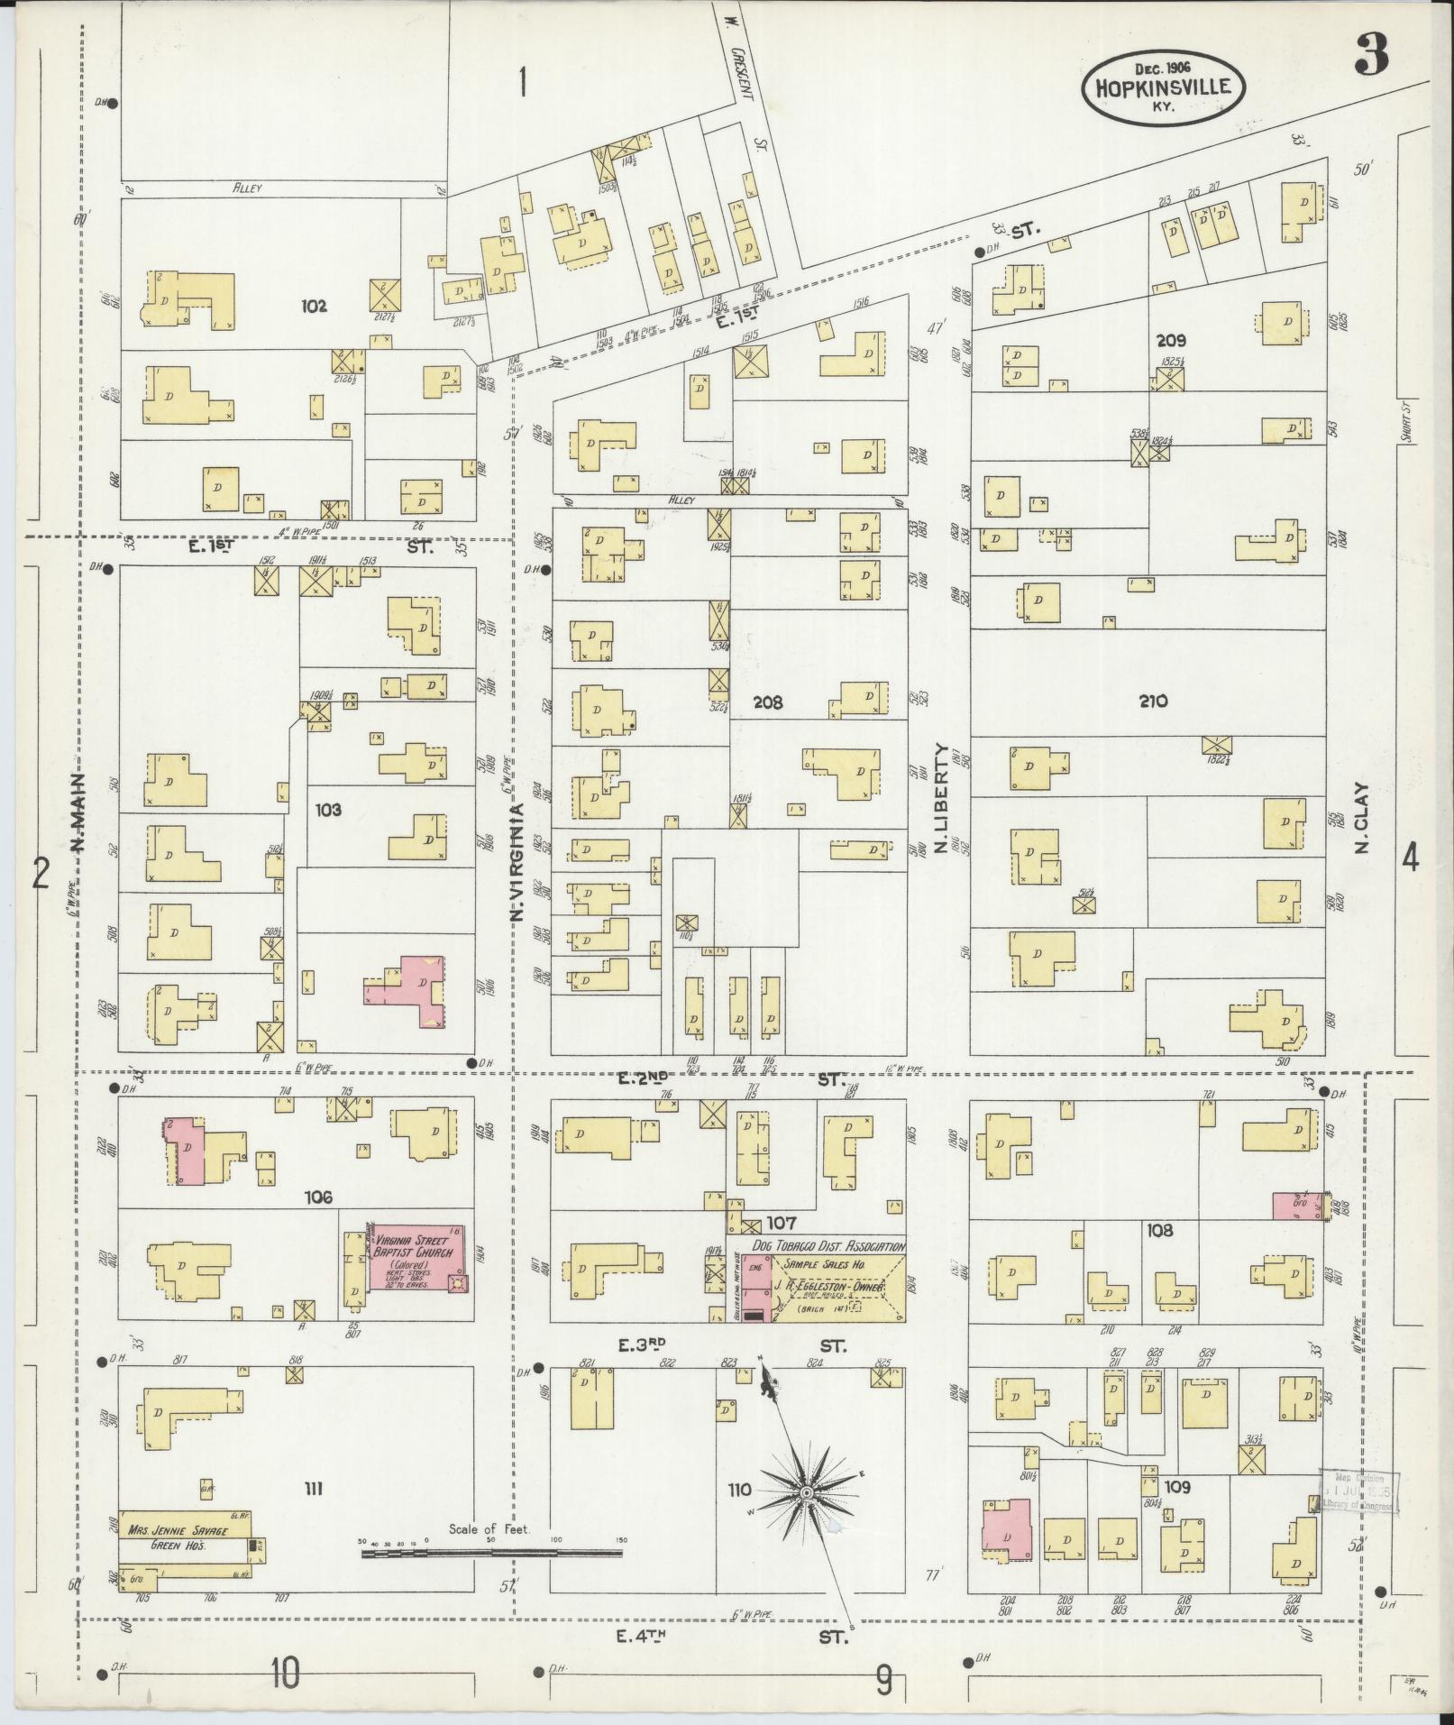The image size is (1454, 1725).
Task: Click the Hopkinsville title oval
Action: (1163, 87)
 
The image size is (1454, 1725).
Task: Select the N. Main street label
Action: (77, 812)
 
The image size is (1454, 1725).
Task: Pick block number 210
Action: (1154, 701)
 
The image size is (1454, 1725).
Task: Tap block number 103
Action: (328, 810)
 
